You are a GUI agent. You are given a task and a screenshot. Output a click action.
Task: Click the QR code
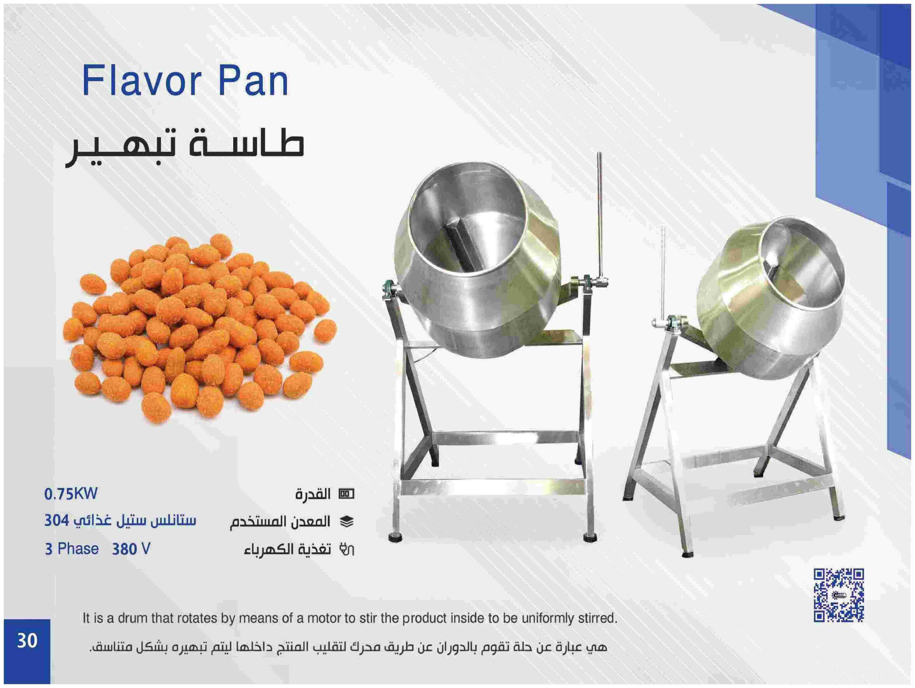839,595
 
